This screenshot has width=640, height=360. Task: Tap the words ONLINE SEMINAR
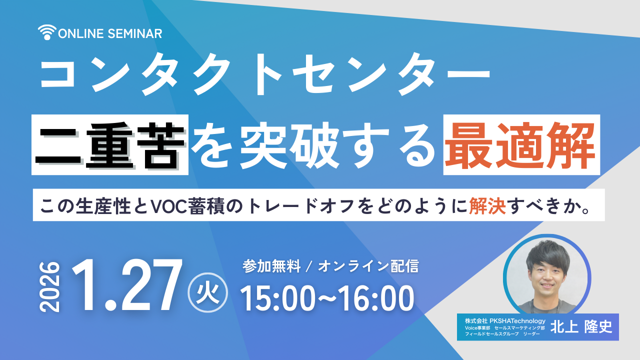(x=110, y=33)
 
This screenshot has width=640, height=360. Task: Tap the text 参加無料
(x=271, y=266)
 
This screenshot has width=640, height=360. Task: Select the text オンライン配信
(x=368, y=266)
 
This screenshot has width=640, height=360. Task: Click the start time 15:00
(x=280, y=298)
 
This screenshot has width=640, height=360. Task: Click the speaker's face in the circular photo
(x=546, y=268)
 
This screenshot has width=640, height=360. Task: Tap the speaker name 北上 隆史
(x=580, y=326)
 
